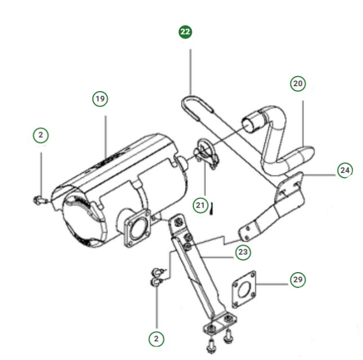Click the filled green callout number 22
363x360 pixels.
[185, 32]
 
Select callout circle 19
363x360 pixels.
[100, 99]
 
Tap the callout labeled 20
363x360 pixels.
[298, 84]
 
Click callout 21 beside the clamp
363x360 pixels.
[200, 205]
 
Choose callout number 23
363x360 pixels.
[243, 252]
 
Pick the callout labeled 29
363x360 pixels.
[298, 279]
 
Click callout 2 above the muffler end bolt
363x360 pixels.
[40, 135]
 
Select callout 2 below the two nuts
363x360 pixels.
[157, 338]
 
